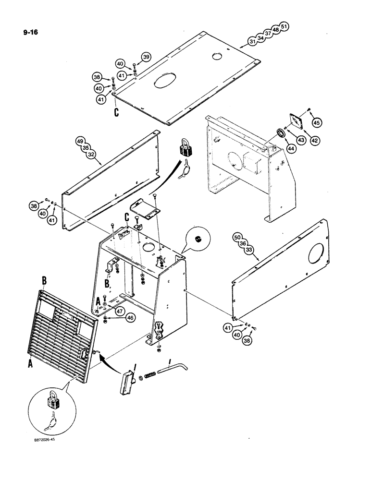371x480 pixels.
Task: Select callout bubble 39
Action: coord(147,56)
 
